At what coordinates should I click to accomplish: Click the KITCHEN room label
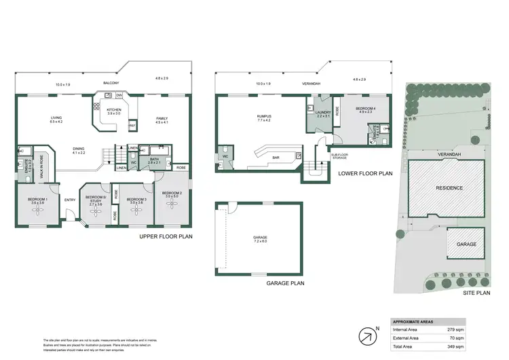coord(113,110)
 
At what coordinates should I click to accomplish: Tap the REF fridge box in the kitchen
coord(132,126)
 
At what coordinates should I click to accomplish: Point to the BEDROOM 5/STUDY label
coord(94,199)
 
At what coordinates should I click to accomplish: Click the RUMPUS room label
coord(264,118)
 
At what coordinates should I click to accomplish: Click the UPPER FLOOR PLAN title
coord(166,236)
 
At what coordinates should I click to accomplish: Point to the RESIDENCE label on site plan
coord(449,187)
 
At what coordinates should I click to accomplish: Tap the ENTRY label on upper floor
coord(70,200)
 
